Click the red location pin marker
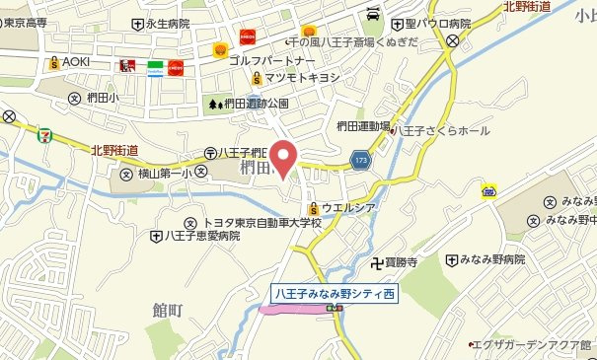click(285, 158)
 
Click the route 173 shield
click(361, 158)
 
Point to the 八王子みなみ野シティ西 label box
click(335, 294)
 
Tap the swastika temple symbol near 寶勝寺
click(375, 263)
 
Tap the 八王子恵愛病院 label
click(202, 237)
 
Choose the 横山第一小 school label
click(162, 173)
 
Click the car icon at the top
click(373, 15)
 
